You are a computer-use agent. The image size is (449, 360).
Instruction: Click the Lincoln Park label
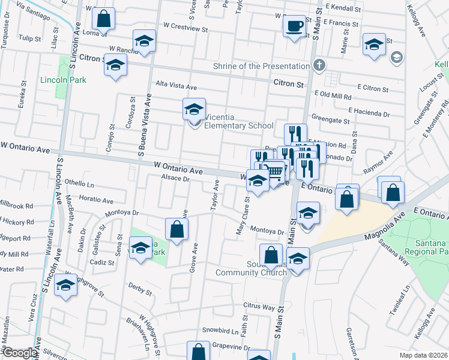(x=63, y=80)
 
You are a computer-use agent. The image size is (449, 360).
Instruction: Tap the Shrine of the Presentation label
(x=262, y=65)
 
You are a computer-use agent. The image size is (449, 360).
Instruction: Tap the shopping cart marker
(x=274, y=173)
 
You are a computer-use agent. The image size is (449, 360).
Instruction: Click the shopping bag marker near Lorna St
(x=104, y=19)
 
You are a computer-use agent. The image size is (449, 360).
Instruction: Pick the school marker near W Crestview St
(x=143, y=41)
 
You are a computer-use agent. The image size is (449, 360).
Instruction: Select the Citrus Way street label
(x=258, y=306)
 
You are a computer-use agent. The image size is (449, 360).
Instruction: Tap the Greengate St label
(x=330, y=121)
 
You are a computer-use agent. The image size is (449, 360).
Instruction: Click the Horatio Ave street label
(x=96, y=200)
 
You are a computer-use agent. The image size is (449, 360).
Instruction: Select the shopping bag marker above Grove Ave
(x=176, y=229)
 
